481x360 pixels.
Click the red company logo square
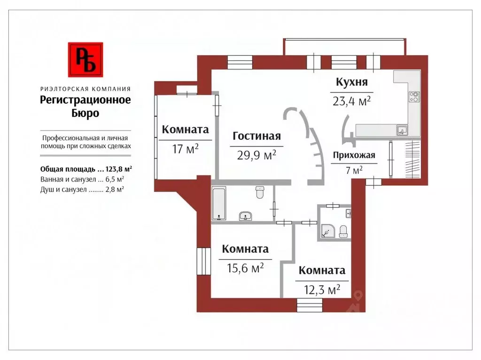point(85,60)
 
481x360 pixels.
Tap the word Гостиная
point(256,136)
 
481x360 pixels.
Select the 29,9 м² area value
point(253,155)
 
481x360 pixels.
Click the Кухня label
point(351,82)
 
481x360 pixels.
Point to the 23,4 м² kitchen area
point(352,101)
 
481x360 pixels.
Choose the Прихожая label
point(354,156)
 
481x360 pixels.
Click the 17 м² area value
point(186,149)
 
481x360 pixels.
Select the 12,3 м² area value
point(318,290)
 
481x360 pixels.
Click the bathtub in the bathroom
point(219,204)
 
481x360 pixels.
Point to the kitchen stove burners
point(414,97)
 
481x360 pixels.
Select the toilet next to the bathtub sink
point(259,192)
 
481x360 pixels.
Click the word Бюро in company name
point(85,113)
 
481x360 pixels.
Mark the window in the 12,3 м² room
point(310,306)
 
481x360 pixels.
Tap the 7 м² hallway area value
point(354,170)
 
